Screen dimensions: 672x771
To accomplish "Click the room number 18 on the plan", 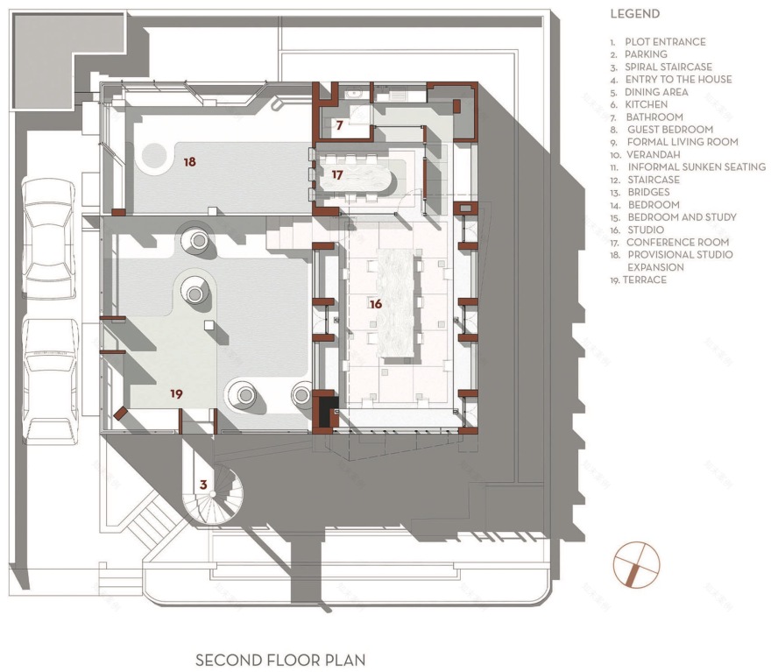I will [x=189, y=161].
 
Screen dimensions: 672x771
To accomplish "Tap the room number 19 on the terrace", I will [x=176, y=394].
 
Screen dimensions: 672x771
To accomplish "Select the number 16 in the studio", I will [x=376, y=304].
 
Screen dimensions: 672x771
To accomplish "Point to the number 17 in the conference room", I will [x=337, y=175].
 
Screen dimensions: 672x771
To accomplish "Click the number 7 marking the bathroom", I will [x=339, y=125].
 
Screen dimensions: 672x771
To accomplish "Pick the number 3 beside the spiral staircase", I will [x=203, y=485].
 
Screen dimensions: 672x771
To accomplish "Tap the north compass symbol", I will [x=637, y=562].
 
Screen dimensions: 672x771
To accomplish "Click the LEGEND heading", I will [x=634, y=14].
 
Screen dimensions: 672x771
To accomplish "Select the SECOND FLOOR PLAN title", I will [x=280, y=660].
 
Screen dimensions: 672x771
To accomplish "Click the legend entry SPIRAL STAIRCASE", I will [x=668, y=67].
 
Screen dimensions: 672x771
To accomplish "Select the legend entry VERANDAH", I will [x=654, y=154].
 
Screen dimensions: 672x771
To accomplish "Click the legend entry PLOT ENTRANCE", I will [x=664, y=41].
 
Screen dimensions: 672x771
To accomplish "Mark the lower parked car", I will [x=48, y=378].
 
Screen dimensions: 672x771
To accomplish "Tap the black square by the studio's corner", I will [x=327, y=411].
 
